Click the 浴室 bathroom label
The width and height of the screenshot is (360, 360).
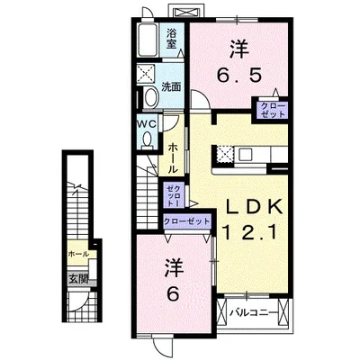(x=172, y=39)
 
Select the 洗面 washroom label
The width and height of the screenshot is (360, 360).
(x=172, y=87)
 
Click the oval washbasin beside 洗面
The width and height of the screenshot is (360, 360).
(x=150, y=98)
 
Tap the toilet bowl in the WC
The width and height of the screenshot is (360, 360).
(x=148, y=139)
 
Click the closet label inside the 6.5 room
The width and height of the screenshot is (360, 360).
(x=272, y=111)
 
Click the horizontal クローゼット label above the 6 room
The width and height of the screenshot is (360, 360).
(x=186, y=220)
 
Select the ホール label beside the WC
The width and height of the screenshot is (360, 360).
(x=171, y=154)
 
